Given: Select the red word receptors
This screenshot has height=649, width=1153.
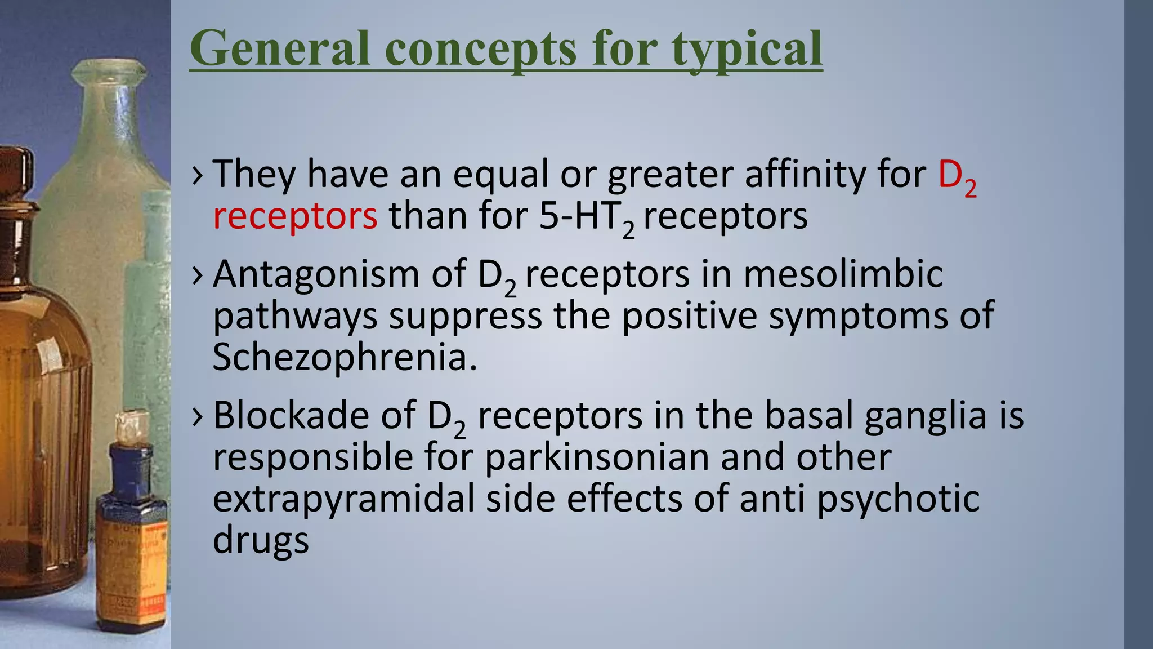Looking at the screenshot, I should [295, 216].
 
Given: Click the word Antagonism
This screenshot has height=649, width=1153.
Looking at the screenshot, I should [316, 275].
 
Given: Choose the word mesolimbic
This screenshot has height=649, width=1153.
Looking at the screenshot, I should [843, 275].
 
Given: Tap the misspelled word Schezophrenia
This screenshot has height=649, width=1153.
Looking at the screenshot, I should [345, 357].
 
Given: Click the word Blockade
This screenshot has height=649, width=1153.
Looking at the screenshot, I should [291, 416].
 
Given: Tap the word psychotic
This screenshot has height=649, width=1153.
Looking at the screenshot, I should [898, 499].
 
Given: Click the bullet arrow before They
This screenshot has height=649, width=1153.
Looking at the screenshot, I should [197, 175].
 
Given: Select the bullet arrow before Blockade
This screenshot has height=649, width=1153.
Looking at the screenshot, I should [197, 416].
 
